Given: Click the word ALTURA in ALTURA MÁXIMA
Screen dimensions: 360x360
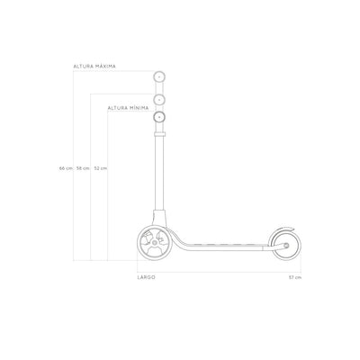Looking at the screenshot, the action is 83,67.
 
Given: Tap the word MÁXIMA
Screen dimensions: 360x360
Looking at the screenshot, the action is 105,67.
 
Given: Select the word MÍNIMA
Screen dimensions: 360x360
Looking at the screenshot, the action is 139,108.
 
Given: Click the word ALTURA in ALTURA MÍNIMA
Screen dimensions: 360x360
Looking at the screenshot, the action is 118,108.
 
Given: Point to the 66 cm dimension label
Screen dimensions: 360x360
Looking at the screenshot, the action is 66,168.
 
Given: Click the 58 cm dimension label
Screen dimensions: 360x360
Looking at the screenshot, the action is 83,168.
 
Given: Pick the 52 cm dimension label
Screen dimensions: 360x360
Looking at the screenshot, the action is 100,168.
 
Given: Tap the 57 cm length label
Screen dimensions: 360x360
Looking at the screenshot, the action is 295,277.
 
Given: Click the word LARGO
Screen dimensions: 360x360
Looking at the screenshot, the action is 147,277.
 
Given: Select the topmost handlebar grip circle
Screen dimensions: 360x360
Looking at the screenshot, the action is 159,77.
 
